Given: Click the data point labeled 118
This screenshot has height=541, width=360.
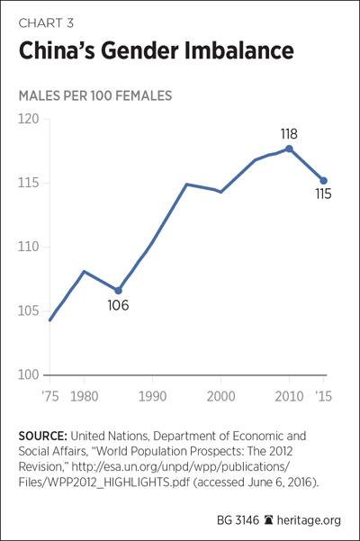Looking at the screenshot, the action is [289, 149].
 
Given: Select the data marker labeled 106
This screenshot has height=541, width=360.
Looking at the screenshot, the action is [118, 291].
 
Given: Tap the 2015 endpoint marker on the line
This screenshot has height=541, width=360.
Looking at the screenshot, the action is [323, 181].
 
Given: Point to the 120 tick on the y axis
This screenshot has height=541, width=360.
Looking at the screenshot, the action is [28, 119].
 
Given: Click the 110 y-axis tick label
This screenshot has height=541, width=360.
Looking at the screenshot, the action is [28, 247].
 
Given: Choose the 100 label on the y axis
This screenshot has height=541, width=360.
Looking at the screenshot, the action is [28, 374].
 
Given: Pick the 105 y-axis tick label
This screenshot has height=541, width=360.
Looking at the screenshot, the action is [28, 311].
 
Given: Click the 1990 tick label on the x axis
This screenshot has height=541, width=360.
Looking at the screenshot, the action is [152, 396].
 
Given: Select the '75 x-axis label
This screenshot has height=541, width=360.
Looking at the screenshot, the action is [50, 396].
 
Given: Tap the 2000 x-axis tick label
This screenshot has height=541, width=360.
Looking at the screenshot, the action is [220, 396].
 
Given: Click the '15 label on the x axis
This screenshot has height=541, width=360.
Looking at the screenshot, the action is [324, 396].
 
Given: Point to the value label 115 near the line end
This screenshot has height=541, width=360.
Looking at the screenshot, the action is [323, 194].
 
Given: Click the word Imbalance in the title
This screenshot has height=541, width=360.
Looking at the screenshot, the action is [238, 50].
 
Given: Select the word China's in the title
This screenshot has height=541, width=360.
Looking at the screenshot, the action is [57, 50].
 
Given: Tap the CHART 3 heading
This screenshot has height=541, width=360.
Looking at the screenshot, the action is [46, 23].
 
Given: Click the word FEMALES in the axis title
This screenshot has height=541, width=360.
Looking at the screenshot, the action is [143, 96].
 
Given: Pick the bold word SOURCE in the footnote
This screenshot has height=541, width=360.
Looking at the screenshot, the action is [43, 436].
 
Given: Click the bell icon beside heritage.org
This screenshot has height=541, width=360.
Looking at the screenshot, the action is [268, 519].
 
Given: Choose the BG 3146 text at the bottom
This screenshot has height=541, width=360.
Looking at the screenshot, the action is [238, 520].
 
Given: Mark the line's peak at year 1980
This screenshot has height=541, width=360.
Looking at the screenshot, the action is [84, 272].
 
